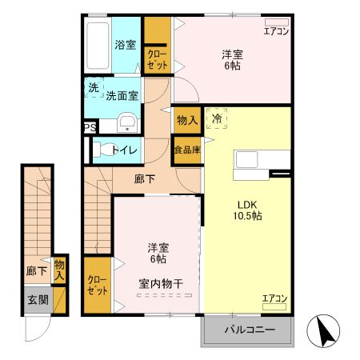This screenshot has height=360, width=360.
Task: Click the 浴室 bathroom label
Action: pyautogui.click(x=125, y=45)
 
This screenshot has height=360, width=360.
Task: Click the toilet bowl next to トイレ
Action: pyautogui.click(x=102, y=149)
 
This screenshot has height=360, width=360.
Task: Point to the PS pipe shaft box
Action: pyautogui.click(x=90, y=126)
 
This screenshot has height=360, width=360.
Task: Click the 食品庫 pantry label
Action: pyautogui.click(x=186, y=150)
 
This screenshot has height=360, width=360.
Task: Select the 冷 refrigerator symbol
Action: pyautogui.click(x=217, y=118)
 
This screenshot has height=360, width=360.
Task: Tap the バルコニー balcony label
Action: pyautogui.click(x=249, y=330)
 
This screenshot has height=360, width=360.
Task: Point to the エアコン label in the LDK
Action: pyautogui.click(x=274, y=299)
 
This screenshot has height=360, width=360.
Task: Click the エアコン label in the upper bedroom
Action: pyautogui.click(x=276, y=31)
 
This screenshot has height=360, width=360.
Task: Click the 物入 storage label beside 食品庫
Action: pyautogui.click(x=186, y=120)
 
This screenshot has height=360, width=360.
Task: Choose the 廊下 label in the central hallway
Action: pyautogui.click(x=145, y=179)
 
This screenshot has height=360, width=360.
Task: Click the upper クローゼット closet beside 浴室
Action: pyautogui.click(x=157, y=59)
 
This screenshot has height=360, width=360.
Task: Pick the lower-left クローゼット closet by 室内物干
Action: pyautogui.click(x=98, y=284)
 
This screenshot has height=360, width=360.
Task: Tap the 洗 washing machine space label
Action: pyautogui.click(x=94, y=87)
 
